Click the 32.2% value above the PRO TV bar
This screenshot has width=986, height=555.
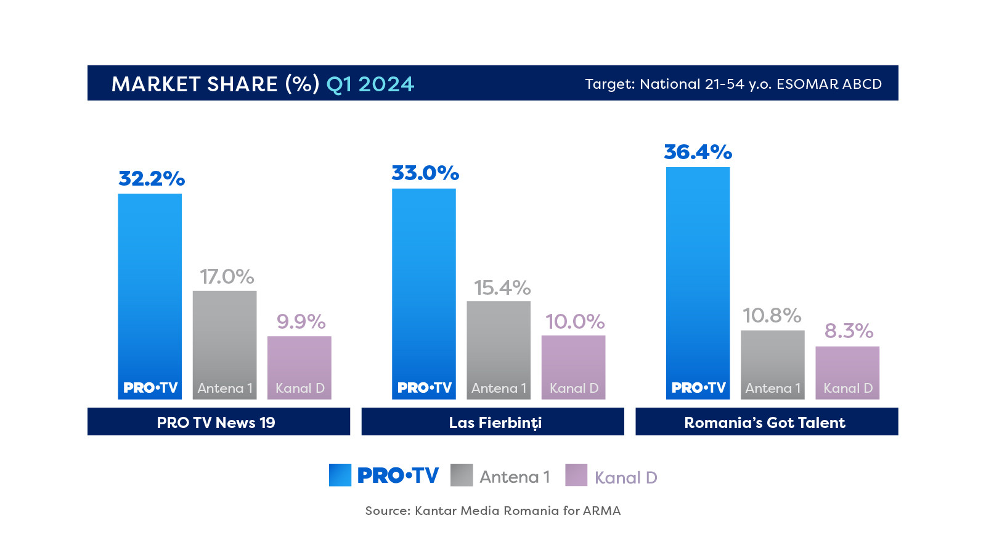point(152,179)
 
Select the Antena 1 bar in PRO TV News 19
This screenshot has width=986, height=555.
point(224,345)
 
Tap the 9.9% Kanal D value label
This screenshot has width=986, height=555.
point(301,322)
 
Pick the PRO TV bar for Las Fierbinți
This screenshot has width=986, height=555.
point(424,294)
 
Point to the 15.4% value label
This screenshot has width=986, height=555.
point(502,288)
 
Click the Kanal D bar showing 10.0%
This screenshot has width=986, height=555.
point(573,368)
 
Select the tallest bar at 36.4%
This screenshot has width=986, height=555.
point(698,283)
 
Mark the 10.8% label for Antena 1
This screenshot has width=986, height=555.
point(772,316)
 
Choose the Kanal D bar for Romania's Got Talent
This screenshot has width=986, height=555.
point(847,373)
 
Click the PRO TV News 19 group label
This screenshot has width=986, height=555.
point(216,422)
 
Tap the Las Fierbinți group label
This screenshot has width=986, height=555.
point(495,422)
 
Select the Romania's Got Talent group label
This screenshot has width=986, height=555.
point(765,422)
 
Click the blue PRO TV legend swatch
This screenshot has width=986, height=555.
point(340,475)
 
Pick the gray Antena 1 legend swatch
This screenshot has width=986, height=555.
point(462,475)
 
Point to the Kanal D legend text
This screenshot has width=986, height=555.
point(625,478)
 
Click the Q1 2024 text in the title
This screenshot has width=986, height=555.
point(370,84)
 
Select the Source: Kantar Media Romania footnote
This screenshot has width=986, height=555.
point(493,511)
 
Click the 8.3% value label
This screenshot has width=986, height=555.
point(849,331)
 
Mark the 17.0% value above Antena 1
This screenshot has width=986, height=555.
point(227,277)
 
